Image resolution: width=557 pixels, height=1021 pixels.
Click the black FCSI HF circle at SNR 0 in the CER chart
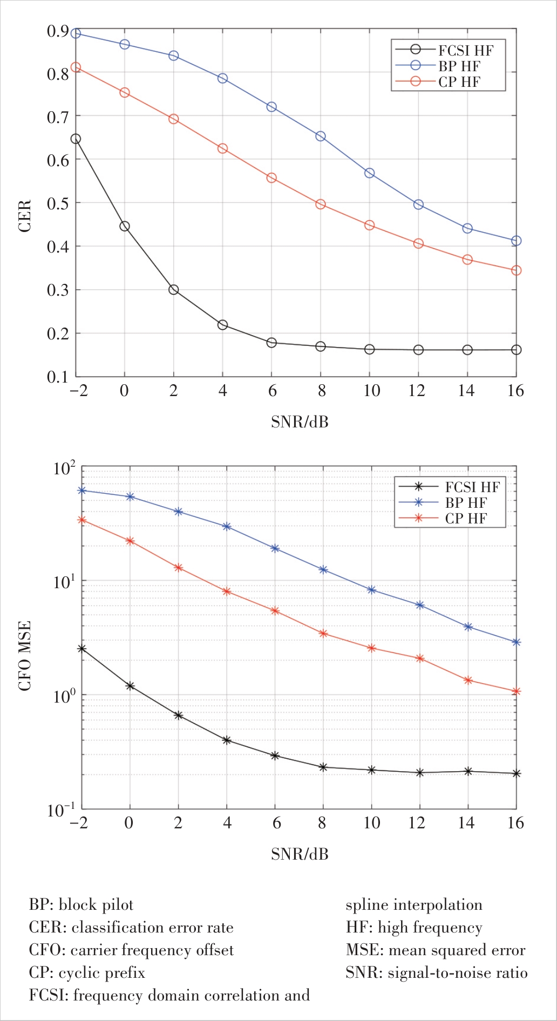(x=125, y=226)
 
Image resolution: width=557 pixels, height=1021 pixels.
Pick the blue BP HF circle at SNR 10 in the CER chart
(x=370, y=173)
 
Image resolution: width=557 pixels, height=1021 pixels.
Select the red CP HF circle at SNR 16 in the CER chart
(x=516, y=270)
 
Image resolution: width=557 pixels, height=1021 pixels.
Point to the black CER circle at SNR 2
(x=174, y=290)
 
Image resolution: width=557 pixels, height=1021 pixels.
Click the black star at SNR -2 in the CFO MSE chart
(x=82, y=649)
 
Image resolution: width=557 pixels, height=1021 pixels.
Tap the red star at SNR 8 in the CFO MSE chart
(x=323, y=634)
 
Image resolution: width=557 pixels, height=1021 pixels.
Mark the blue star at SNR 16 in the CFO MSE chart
(x=516, y=643)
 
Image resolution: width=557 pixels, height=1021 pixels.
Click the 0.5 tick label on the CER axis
(x=58, y=204)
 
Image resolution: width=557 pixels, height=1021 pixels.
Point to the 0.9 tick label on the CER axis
(x=58, y=31)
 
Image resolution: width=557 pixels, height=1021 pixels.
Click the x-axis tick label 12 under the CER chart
(x=417, y=391)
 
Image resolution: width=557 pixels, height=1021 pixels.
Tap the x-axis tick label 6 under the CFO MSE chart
(x=276, y=823)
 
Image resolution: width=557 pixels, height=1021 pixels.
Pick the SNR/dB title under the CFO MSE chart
(x=300, y=854)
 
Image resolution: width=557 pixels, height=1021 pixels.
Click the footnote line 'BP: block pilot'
(x=81, y=905)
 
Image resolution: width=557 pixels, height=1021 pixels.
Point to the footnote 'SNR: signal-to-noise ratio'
(x=436, y=973)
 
